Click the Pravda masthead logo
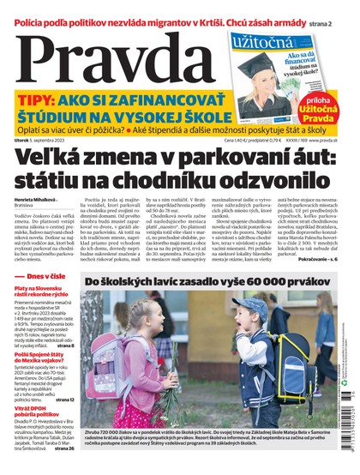pos(111,60)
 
